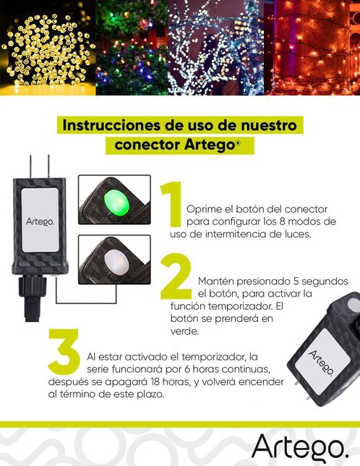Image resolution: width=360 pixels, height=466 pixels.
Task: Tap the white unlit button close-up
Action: coord(113,260)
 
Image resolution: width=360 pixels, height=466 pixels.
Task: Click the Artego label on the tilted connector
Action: coord(322,363)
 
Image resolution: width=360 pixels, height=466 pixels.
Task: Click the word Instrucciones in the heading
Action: coord(109,124)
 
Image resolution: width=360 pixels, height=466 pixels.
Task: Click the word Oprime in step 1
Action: coord(203,208)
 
